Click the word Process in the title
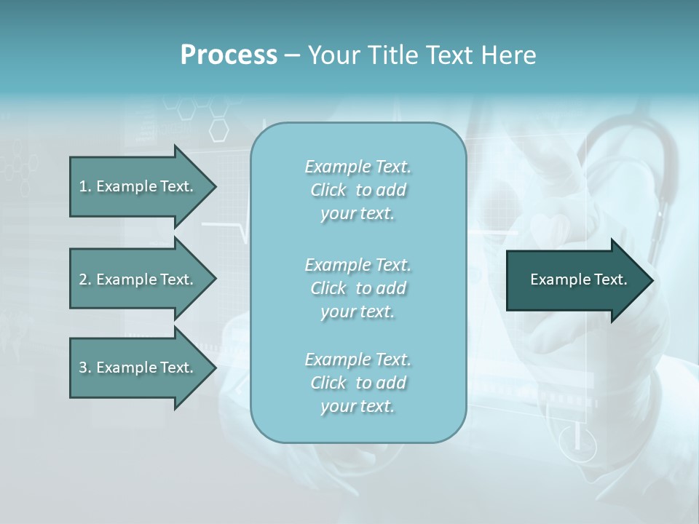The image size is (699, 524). click(229, 55)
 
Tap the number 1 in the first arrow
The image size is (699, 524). click(83, 186)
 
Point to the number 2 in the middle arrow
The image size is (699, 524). click(83, 279)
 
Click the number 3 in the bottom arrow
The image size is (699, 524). click(83, 368)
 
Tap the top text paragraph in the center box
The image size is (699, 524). click(358, 190)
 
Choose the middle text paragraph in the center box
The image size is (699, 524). click(358, 288)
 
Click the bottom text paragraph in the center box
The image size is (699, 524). click(358, 383)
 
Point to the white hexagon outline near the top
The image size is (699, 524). click(218, 130)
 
